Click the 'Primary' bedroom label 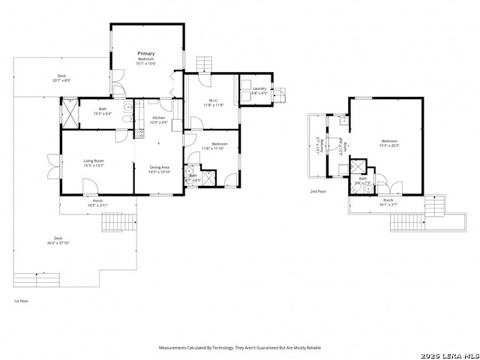pyautogui.click(x=145, y=54)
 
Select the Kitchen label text pyautogui.click(x=159, y=118)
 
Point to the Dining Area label pyautogui.click(x=160, y=168)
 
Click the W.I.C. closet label pyautogui.click(x=213, y=101)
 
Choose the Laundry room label pyautogui.click(x=259, y=89)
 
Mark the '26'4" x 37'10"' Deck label pyautogui.click(x=58, y=240)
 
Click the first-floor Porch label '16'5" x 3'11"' pyautogui.click(x=97, y=202)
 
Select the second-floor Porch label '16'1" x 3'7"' pyautogui.click(x=388, y=202)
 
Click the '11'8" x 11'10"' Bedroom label pyautogui.click(x=220, y=145)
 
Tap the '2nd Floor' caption pyautogui.click(x=318, y=191)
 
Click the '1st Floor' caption pyautogui.click(x=22, y=301)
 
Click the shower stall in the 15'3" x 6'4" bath pyautogui.click(x=70, y=115)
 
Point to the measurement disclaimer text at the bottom pyautogui.click(x=240, y=348)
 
